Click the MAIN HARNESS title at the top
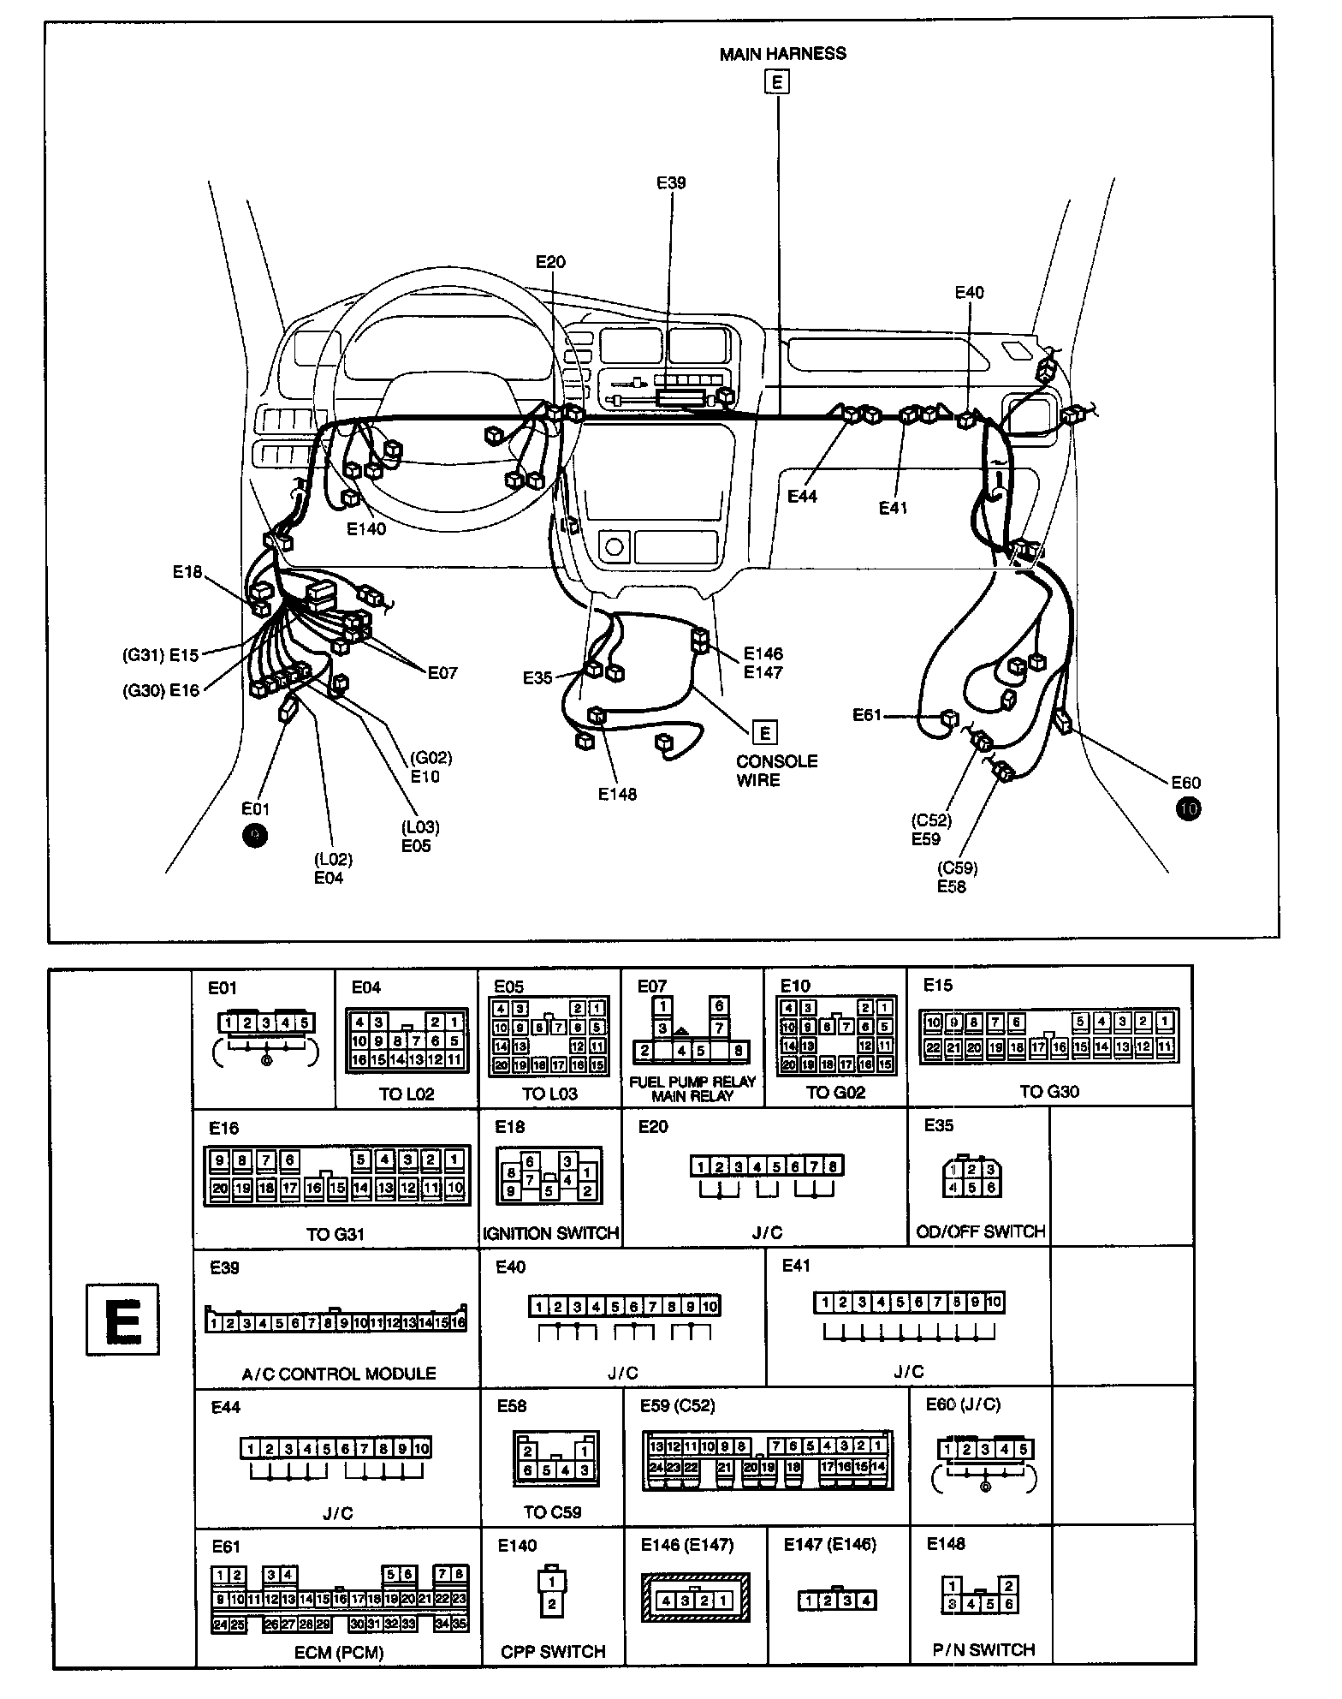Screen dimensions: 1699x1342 tap(782, 54)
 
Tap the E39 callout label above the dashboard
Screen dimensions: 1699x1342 tap(671, 182)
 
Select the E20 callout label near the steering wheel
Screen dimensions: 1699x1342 tap(550, 262)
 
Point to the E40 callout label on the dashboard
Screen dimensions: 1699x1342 tap(969, 293)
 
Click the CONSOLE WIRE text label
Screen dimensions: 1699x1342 tap(776, 771)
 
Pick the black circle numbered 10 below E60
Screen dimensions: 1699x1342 tap(1188, 808)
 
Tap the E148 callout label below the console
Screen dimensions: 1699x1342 tap(617, 795)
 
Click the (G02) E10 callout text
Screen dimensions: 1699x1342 tap(430, 767)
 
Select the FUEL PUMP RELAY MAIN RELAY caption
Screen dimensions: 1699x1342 tap(692, 1088)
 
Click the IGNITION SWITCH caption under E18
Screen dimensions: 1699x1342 tap(550, 1233)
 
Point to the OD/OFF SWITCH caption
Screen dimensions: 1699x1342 tap(981, 1231)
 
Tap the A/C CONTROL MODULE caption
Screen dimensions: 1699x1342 tap(338, 1374)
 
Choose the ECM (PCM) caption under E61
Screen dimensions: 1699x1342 tap(340, 1652)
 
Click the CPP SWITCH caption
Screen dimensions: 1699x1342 tap(553, 1651)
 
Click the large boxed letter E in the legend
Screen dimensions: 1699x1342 tap(122, 1320)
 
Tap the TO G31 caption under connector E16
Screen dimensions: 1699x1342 tap(335, 1234)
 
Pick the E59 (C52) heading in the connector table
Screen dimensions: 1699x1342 tap(677, 1405)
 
